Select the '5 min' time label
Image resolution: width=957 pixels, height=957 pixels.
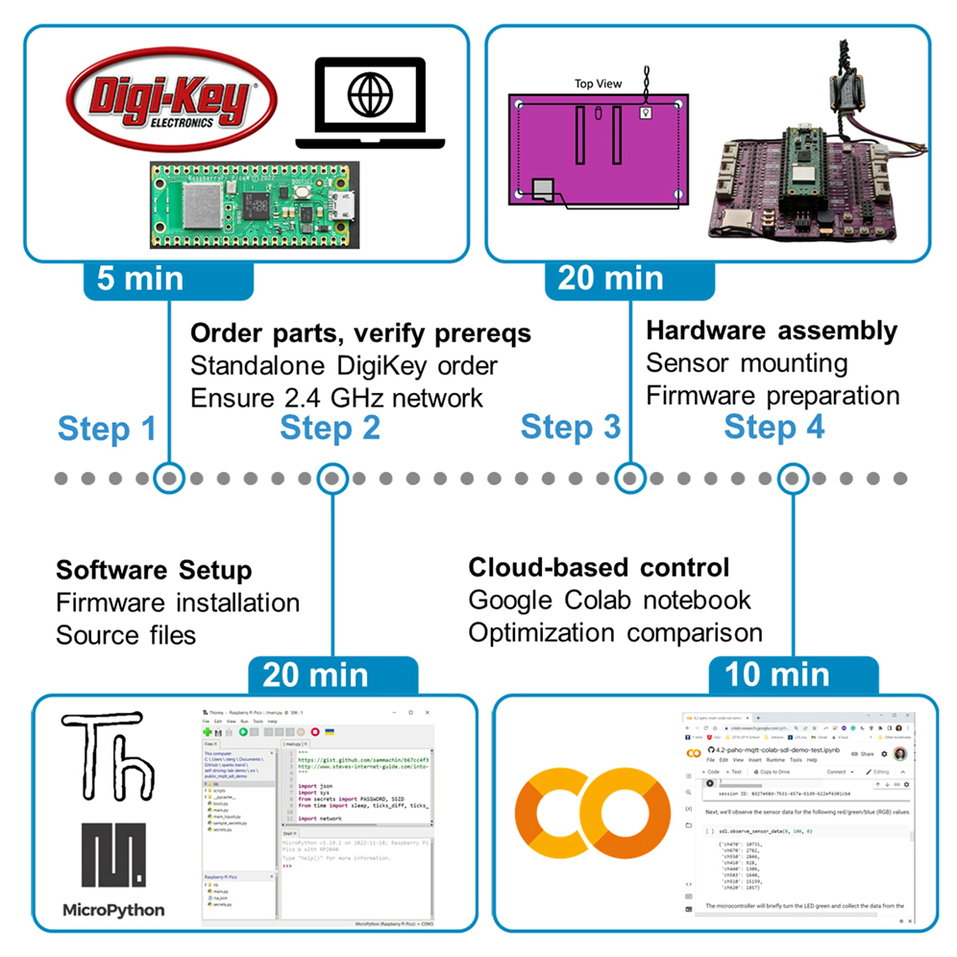coord(140,278)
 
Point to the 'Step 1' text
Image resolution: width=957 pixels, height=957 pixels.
coord(107,428)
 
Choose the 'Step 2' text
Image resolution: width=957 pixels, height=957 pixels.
coord(330,428)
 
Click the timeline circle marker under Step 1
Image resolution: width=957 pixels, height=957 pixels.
coord(170,477)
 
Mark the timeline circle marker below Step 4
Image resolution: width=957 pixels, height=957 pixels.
coord(791,477)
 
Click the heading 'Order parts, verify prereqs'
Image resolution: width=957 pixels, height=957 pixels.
coord(360,333)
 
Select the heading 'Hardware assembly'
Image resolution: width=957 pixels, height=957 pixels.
coord(772,331)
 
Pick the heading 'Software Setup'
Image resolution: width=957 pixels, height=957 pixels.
coord(154,570)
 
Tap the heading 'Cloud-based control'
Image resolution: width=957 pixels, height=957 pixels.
coord(599,567)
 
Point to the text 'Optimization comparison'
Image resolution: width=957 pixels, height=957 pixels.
coord(615,632)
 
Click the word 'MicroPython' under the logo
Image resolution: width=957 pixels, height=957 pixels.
coord(113,909)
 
